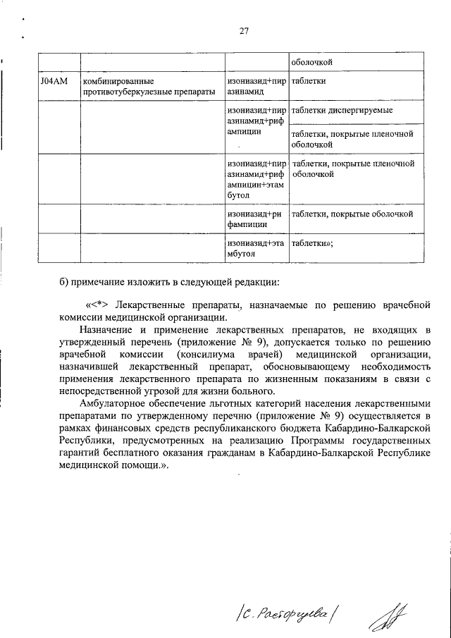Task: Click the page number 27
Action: (x=244, y=31)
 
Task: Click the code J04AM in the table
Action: (x=54, y=82)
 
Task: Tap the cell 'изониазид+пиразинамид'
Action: (x=255, y=87)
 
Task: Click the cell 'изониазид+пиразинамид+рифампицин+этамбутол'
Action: (x=255, y=179)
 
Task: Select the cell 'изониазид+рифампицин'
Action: (x=255, y=219)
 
